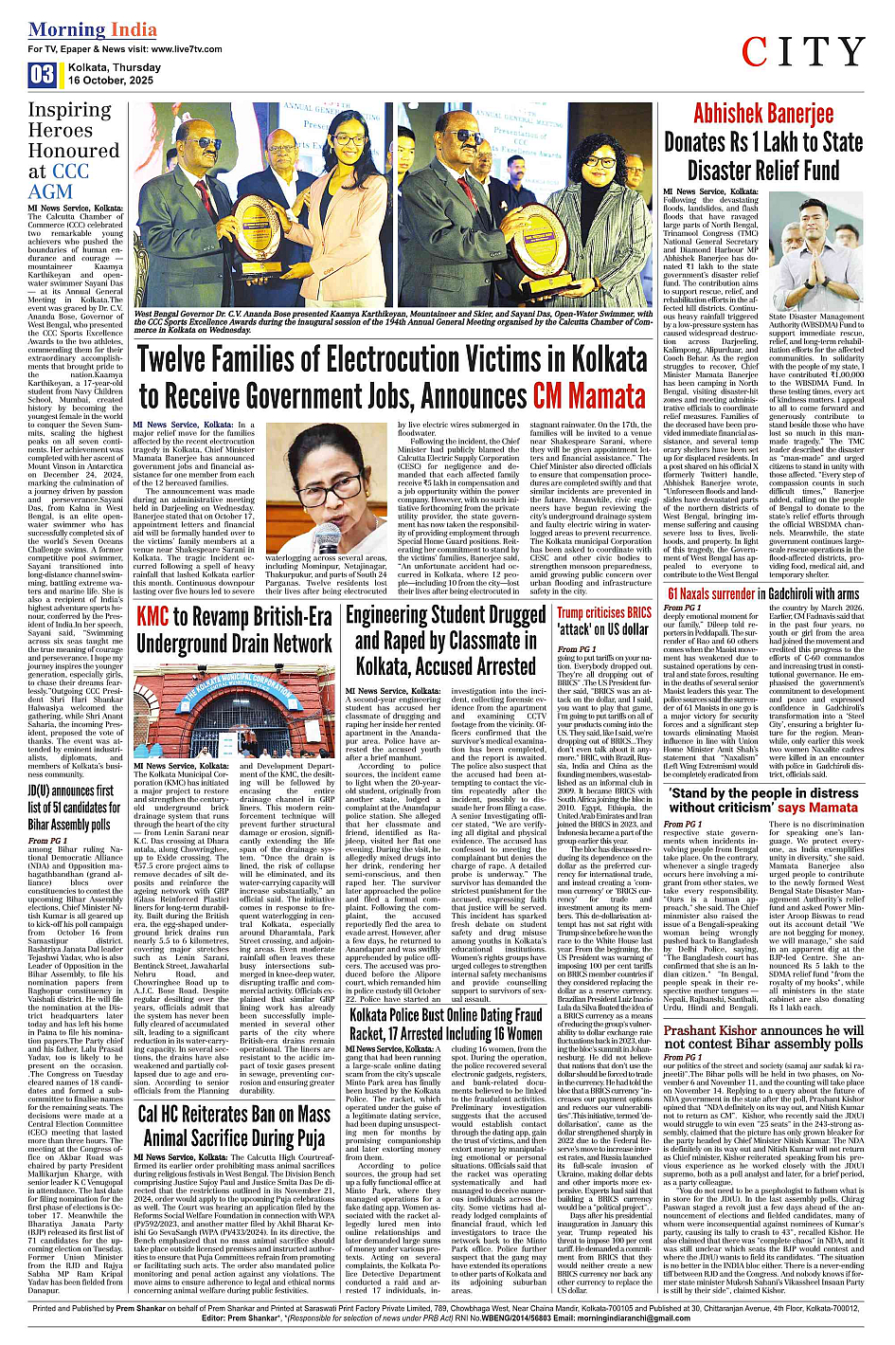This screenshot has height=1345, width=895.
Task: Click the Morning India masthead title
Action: [x=93, y=29]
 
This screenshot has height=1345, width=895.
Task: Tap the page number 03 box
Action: [x=42, y=74]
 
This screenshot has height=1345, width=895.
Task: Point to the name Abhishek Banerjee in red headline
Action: [x=763, y=114]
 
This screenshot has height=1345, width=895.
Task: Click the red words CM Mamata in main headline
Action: [x=589, y=395]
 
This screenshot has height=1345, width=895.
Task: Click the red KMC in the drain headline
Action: [x=153, y=617]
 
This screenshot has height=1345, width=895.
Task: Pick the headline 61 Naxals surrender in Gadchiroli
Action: [x=763, y=594]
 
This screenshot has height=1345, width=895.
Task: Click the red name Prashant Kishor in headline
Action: [x=716, y=1030]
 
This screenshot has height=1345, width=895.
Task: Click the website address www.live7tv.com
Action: [x=168, y=49]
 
